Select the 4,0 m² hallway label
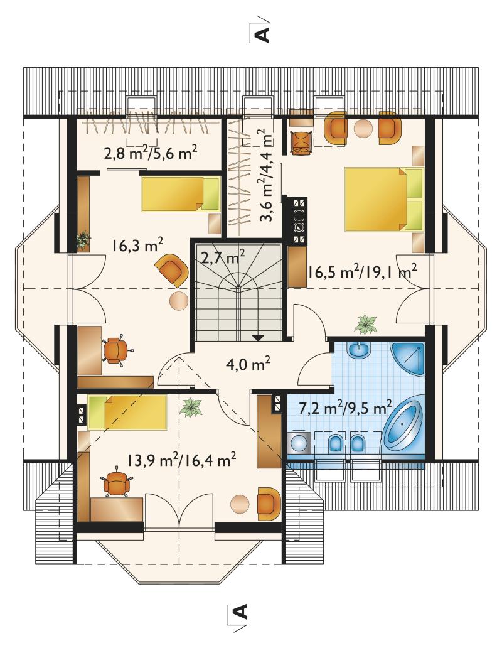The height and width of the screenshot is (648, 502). [x=248, y=364]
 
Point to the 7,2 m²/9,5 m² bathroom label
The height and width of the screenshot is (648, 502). [x=345, y=409]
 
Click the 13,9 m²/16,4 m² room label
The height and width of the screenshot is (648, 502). [x=181, y=460]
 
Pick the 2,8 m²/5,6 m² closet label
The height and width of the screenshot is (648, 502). [x=150, y=153]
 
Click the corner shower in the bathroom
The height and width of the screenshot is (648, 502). [x=408, y=359]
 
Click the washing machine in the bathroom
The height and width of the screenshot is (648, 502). [x=299, y=443]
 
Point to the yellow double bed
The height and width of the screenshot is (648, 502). [x=384, y=198]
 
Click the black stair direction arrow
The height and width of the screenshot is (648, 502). [x=258, y=337]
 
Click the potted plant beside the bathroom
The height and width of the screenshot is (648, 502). [x=365, y=324]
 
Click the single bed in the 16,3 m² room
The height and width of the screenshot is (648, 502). [x=181, y=194]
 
